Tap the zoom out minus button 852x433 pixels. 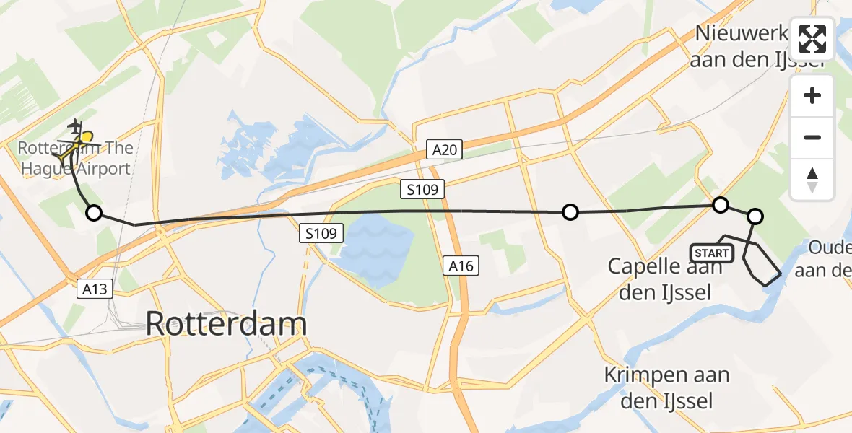pyautogui.click(x=812, y=137)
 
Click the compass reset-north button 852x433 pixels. pyautogui.click(x=812, y=179)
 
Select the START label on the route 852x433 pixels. pyautogui.click(x=712, y=253)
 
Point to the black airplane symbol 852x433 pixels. pyautogui.click(x=75, y=126)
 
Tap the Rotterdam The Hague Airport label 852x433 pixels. pyautogui.click(x=76, y=159)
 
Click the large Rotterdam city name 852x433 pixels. pyautogui.click(x=227, y=324)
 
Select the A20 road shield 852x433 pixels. pyautogui.click(x=445, y=149)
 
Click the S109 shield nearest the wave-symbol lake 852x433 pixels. pyautogui.click(x=322, y=234)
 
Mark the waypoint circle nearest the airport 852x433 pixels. pyautogui.click(x=94, y=213)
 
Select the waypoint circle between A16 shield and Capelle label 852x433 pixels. pyautogui.click(x=570, y=212)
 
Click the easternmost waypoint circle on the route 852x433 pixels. pyautogui.click(x=755, y=216)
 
